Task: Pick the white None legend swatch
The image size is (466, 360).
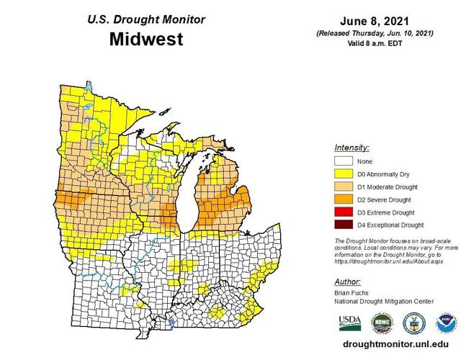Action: click(344, 161)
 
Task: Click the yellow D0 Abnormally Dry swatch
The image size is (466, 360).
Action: click(344, 174)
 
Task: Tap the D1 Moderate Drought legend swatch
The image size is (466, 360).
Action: click(344, 187)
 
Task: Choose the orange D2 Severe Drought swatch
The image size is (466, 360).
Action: click(344, 199)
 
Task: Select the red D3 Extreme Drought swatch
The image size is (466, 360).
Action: click(344, 212)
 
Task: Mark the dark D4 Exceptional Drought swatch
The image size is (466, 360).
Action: click(344, 225)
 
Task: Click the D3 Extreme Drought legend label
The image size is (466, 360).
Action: click(386, 212)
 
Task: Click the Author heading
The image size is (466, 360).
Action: click(348, 281)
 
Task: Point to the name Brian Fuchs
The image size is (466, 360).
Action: click(351, 294)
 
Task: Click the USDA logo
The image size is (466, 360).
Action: click(349, 322)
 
